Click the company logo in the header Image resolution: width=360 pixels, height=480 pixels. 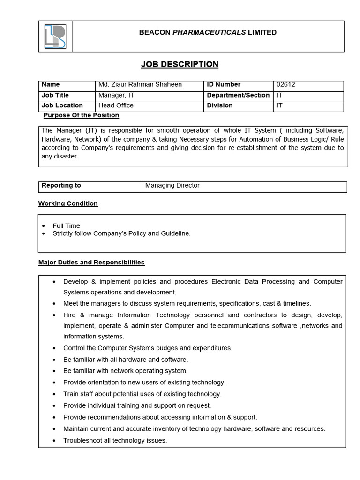pyautogui.click(x=55, y=37)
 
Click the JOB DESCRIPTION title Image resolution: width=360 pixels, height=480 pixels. pyautogui.click(x=180, y=64)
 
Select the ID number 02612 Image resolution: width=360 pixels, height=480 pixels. pyautogui.click(x=286, y=85)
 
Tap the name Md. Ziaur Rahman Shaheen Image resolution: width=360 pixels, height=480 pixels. pyautogui.click(x=140, y=85)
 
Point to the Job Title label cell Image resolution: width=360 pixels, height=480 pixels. pyautogui.click(x=55, y=95)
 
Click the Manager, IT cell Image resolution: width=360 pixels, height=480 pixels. pyautogui.click(x=116, y=95)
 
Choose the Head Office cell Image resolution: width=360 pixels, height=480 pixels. pyautogui.click(x=116, y=105)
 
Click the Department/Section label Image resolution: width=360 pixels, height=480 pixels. pyautogui.click(x=238, y=95)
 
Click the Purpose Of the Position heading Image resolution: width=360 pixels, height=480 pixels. pyautogui.click(x=81, y=115)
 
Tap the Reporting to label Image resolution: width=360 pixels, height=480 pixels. pyautogui.click(x=61, y=186)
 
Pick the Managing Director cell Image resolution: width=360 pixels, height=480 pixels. pyautogui.click(x=172, y=186)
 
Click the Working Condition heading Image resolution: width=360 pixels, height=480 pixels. pyautogui.click(x=68, y=203)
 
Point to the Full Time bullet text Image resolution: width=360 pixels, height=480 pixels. pyautogui.click(x=66, y=225)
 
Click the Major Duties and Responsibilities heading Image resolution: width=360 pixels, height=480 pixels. pyautogui.click(x=91, y=262)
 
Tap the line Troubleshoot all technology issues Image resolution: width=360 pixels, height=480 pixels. pyautogui.click(x=115, y=440)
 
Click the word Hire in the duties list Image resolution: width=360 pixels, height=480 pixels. pyautogui.click(x=70, y=315)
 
